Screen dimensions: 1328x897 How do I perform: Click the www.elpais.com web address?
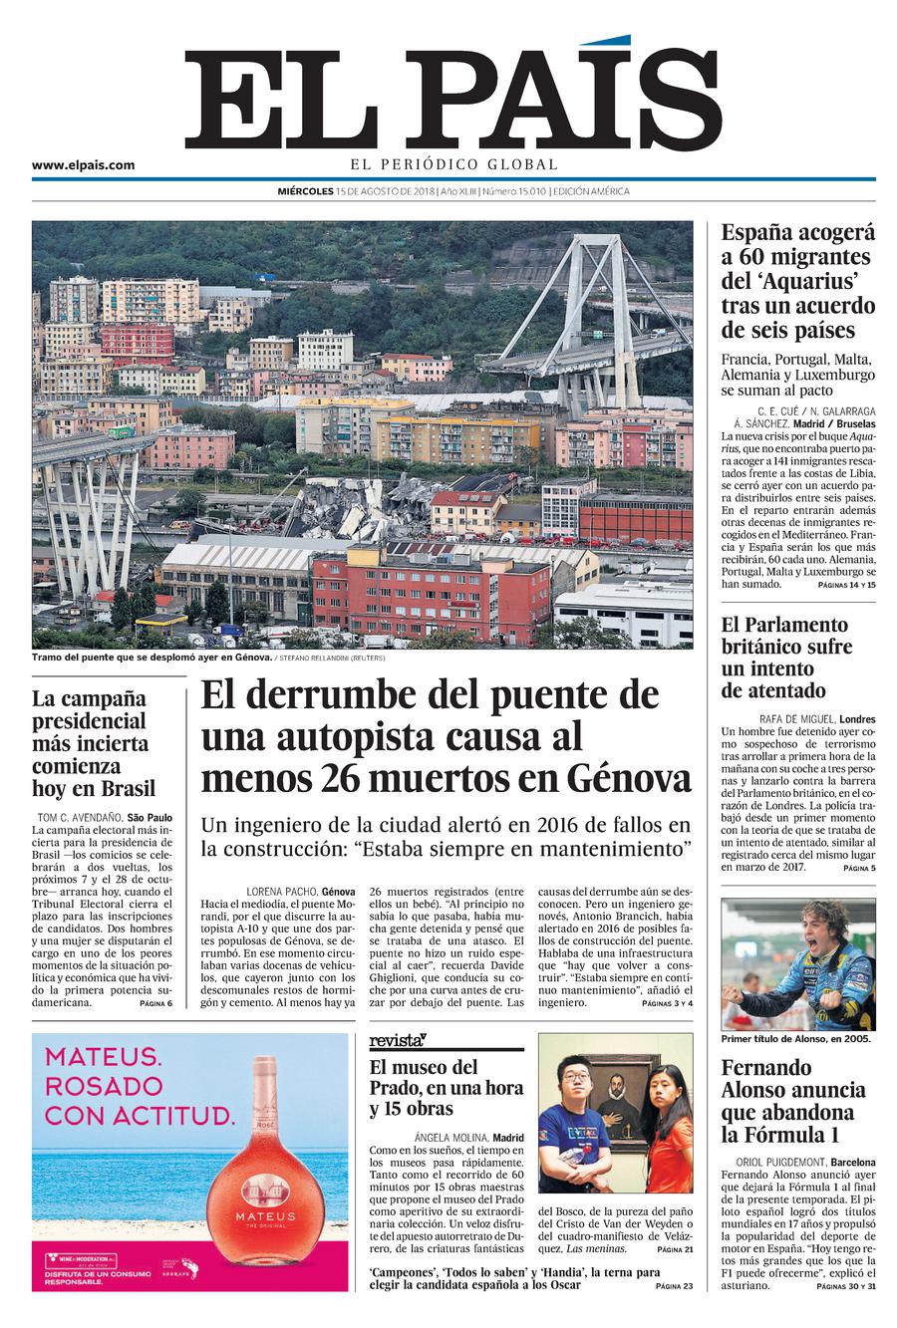tap(83, 165)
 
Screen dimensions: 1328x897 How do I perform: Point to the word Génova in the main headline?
tap(630, 777)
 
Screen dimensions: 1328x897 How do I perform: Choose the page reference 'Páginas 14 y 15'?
tap(846, 585)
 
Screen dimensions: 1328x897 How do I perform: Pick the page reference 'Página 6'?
tap(155, 1003)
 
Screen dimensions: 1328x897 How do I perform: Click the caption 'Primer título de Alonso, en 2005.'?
tap(795, 1039)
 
